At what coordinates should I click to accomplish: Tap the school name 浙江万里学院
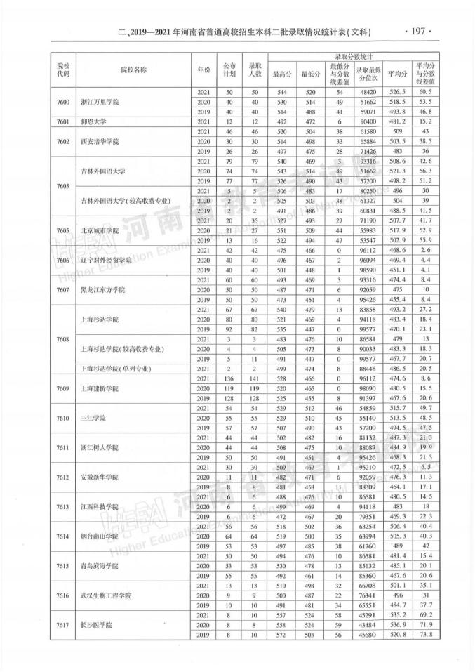100,102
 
